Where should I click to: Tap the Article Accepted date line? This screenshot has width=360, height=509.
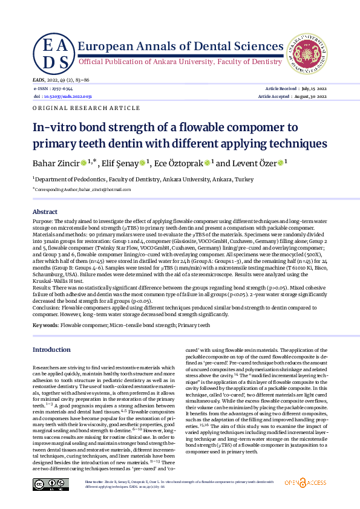coord(292,96)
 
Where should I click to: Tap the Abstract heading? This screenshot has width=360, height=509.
coord(45,212)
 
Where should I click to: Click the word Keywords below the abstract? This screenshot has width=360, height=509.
coord(45,325)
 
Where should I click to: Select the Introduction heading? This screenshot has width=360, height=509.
coord(51,349)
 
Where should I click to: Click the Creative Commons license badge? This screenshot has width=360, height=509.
coord(49,482)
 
